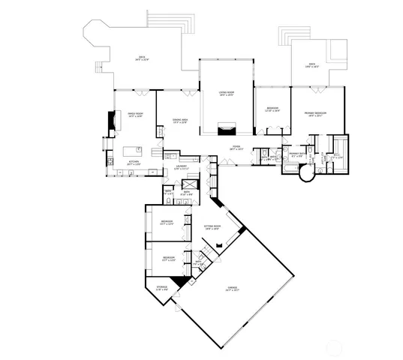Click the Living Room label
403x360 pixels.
(226, 93)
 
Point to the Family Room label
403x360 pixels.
(134, 115)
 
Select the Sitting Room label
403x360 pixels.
(212, 226)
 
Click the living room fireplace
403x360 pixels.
(226, 129)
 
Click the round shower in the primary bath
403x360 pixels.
(306, 175)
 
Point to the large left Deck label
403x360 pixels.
(140, 58)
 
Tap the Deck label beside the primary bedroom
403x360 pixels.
(311, 66)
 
